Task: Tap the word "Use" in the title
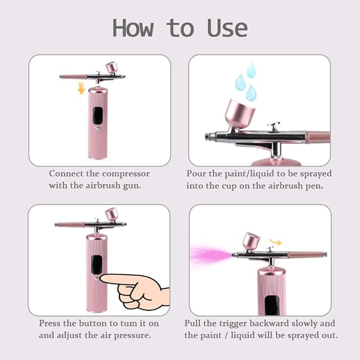point(227,28)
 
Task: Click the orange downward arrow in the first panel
point(81,87)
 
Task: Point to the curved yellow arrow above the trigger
point(275,242)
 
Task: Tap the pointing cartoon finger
point(135,289)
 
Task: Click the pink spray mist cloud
point(209,254)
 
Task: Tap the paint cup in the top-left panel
point(112,67)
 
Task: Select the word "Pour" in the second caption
point(196,173)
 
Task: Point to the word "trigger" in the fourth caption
point(236,323)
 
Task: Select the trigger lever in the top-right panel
point(274,127)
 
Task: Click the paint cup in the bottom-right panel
point(250,240)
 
